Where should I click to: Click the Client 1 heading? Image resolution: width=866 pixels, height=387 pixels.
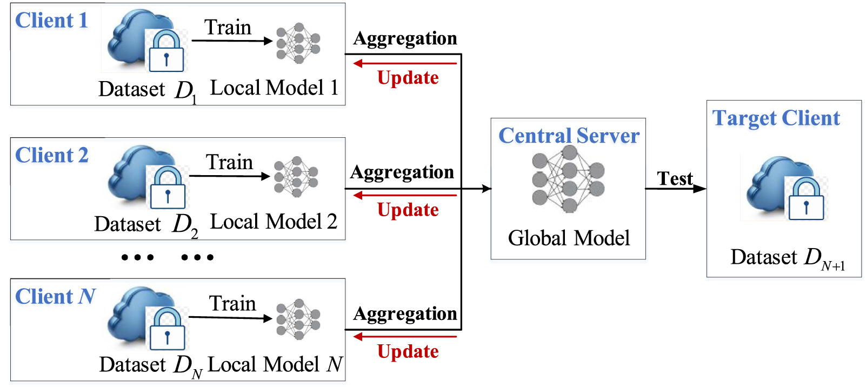51,21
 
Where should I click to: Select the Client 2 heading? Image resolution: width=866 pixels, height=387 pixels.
52,156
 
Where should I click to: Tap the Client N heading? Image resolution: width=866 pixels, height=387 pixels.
55,297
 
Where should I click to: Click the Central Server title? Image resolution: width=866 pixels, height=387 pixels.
569,136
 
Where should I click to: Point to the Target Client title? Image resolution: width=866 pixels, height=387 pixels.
776,118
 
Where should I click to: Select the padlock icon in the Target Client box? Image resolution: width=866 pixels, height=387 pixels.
806,199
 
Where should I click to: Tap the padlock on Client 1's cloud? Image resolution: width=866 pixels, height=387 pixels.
166,51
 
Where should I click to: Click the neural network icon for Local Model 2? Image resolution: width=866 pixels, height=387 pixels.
296,177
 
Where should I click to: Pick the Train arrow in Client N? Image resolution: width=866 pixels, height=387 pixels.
230,318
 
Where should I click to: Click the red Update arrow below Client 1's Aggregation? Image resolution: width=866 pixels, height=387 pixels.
405,64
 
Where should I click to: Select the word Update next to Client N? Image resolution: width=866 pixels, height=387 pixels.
408,352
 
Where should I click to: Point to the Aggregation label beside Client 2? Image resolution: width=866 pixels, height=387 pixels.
402,172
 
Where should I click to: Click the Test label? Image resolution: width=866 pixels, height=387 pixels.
674,178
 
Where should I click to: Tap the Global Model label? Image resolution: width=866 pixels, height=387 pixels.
569,238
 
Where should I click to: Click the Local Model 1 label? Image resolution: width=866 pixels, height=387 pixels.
274,88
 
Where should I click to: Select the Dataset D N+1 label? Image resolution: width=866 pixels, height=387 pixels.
787,258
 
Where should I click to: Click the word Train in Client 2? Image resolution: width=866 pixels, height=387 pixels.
229,162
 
